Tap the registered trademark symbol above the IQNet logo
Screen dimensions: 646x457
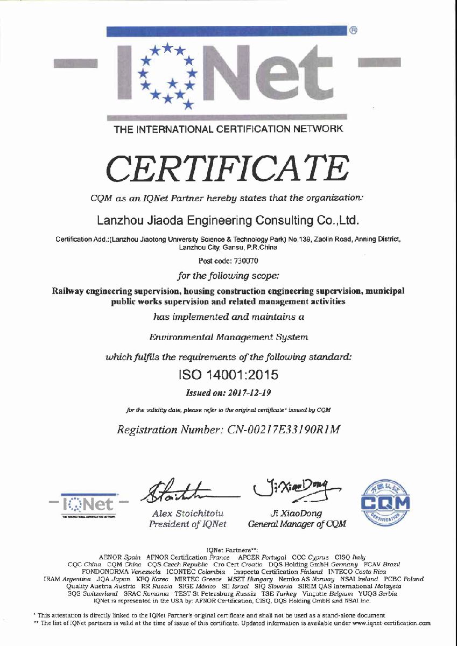point(354,30)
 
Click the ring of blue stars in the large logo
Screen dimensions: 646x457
point(167,74)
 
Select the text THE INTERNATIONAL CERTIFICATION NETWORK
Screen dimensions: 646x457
point(228,129)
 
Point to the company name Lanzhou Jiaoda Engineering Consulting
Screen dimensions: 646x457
point(227,220)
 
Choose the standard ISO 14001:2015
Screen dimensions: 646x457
point(228,373)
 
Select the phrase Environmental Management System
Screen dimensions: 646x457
point(229,337)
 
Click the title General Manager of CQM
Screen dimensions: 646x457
point(297,524)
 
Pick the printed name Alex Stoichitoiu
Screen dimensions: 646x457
point(188,514)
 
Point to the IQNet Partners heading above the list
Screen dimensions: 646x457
point(228,549)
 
